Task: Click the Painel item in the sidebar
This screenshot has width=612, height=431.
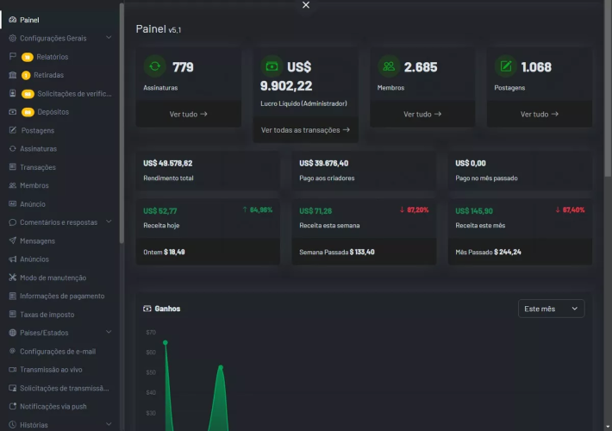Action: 29,20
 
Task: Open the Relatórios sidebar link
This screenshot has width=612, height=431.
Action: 53,57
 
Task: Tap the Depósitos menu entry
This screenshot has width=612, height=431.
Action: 53,112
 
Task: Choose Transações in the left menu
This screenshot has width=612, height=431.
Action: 38,167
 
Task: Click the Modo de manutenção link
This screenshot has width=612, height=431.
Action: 53,278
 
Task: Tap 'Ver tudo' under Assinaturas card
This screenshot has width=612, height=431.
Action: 189,114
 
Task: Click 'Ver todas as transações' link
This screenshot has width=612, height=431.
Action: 305,130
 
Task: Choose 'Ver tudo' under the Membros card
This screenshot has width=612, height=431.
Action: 422,114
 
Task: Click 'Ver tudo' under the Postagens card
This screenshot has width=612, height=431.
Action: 540,114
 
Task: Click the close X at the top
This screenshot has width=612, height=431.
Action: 306,5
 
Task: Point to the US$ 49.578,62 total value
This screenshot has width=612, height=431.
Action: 168,163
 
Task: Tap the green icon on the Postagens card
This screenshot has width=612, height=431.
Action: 505,66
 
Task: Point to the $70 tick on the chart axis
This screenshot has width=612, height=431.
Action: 151,332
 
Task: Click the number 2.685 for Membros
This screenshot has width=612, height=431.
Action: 421,67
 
